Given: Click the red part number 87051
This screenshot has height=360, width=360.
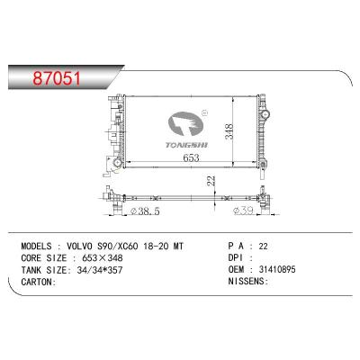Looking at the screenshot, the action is (x=57, y=78).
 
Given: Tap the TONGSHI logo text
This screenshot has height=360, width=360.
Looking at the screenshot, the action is (x=186, y=145).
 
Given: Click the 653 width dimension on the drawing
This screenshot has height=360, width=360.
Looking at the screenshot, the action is (x=191, y=157).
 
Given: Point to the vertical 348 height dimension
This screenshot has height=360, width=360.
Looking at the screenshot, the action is (x=229, y=131).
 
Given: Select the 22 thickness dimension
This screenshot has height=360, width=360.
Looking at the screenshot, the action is (x=211, y=181).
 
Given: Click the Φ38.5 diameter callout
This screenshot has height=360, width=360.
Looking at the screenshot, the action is (x=146, y=211).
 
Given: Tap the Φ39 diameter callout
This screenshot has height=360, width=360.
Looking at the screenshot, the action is (x=244, y=211).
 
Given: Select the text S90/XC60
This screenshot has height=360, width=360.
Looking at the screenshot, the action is (x=118, y=247).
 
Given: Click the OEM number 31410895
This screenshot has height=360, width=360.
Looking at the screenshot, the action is (x=277, y=269).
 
